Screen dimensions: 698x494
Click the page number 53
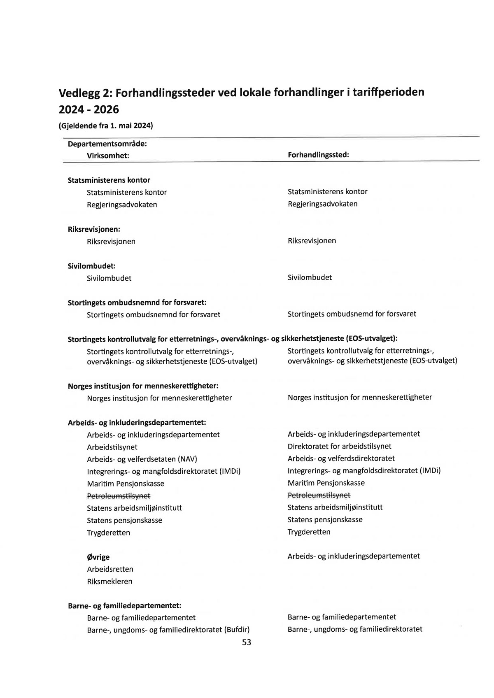coord(246,642)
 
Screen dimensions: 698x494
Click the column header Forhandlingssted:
coord(318,155)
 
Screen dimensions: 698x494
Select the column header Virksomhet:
coord(108,156)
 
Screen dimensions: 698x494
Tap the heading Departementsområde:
coord(107,144)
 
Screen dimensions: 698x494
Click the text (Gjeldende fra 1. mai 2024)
coord(106,126)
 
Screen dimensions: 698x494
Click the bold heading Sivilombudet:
coord(91,266)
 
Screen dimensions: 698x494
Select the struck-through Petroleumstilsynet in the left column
coord(119,496)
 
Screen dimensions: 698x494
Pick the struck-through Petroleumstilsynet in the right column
coord(319,495)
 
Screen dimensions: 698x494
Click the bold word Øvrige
coord(98,557)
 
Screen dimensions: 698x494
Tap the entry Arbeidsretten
coord(110,569)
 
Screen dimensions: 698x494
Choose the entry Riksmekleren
coord(110,582)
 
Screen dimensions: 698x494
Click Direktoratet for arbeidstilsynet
coord(339,446)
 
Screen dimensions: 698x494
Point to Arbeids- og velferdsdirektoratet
coord(341,458)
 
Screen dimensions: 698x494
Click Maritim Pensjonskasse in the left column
coord(126,484)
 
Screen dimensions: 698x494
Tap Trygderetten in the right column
coord(309,532)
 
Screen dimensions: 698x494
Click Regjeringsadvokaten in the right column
coord(323,204)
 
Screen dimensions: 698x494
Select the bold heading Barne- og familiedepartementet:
coord(124,606)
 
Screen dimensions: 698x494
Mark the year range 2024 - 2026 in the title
coord(89,110)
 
